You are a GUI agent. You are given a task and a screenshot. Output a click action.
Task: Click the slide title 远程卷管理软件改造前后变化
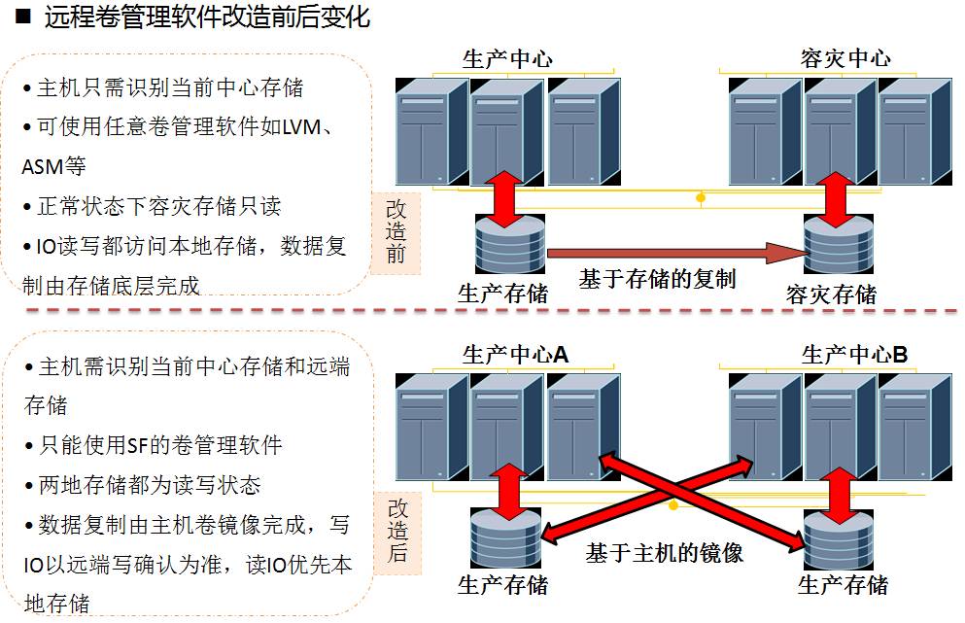[x=206, y=17]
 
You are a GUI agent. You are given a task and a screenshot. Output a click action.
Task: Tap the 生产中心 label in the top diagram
[x=507, y=58]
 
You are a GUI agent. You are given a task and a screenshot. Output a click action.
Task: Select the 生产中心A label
[x=515, y=356]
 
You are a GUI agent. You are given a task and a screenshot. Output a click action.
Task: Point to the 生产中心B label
[x=854, y=356]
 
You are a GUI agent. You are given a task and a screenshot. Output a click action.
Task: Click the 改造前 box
[x=396, y=231]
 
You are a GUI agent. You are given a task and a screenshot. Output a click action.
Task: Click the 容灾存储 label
[x=831, y=294]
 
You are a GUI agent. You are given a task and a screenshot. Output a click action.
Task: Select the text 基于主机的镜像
[x=664, y=554]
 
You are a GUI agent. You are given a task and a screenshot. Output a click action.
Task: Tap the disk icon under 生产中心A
[x=504, y=540]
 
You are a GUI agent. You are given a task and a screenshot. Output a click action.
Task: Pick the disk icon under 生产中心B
[x=839, y=540]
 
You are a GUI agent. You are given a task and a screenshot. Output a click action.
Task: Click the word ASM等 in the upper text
[x=54, y=167]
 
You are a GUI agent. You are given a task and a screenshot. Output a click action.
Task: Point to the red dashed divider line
[x=486, y=311]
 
